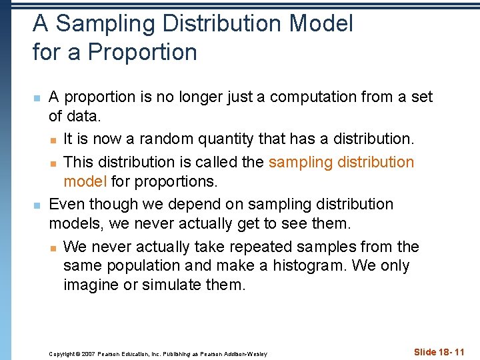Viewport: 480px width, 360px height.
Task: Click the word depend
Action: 193,204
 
